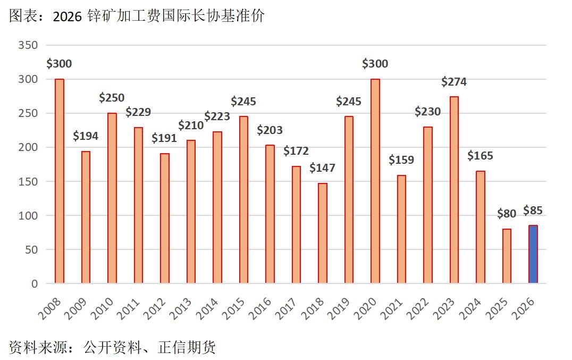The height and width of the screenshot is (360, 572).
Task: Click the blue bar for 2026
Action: (x=533, y=254)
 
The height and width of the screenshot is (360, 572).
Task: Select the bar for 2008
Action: (x=60, y=181)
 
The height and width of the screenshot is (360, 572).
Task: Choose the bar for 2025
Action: (x=507, y=256)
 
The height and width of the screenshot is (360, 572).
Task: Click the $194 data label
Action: (x=86, y=136)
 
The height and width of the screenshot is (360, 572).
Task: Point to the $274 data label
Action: (x=454, y=82)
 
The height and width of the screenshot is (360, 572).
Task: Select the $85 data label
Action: (x=533, y=211)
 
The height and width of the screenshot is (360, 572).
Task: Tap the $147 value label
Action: (x=323, y=168)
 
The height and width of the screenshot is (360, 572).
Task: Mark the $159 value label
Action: (x=401, y=160)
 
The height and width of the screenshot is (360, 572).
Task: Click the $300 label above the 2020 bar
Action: (x=375, y=64)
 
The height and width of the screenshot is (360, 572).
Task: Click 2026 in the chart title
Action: (x=68, y=16)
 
